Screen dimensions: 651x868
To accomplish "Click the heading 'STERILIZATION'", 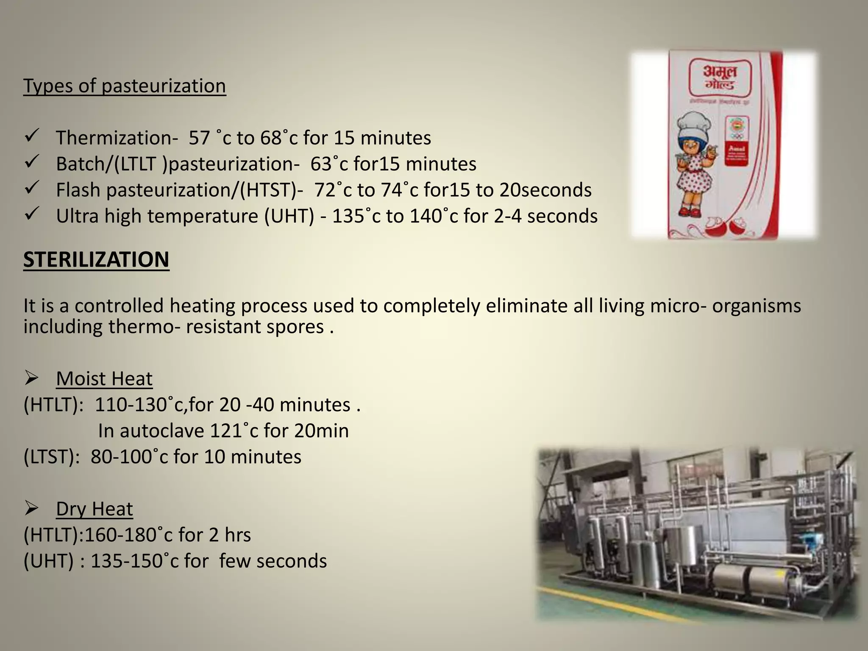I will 96,259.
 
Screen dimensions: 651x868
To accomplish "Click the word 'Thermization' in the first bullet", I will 114,138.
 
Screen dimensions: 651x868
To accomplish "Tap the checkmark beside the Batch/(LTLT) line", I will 32,162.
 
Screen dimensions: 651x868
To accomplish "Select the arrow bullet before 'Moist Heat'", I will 32,378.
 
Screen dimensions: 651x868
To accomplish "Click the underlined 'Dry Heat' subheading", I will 94,509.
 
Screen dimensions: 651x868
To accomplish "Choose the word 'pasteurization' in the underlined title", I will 164,86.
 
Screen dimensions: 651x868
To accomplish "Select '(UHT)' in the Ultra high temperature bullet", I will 289,216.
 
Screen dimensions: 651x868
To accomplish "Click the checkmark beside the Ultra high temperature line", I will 32,214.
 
